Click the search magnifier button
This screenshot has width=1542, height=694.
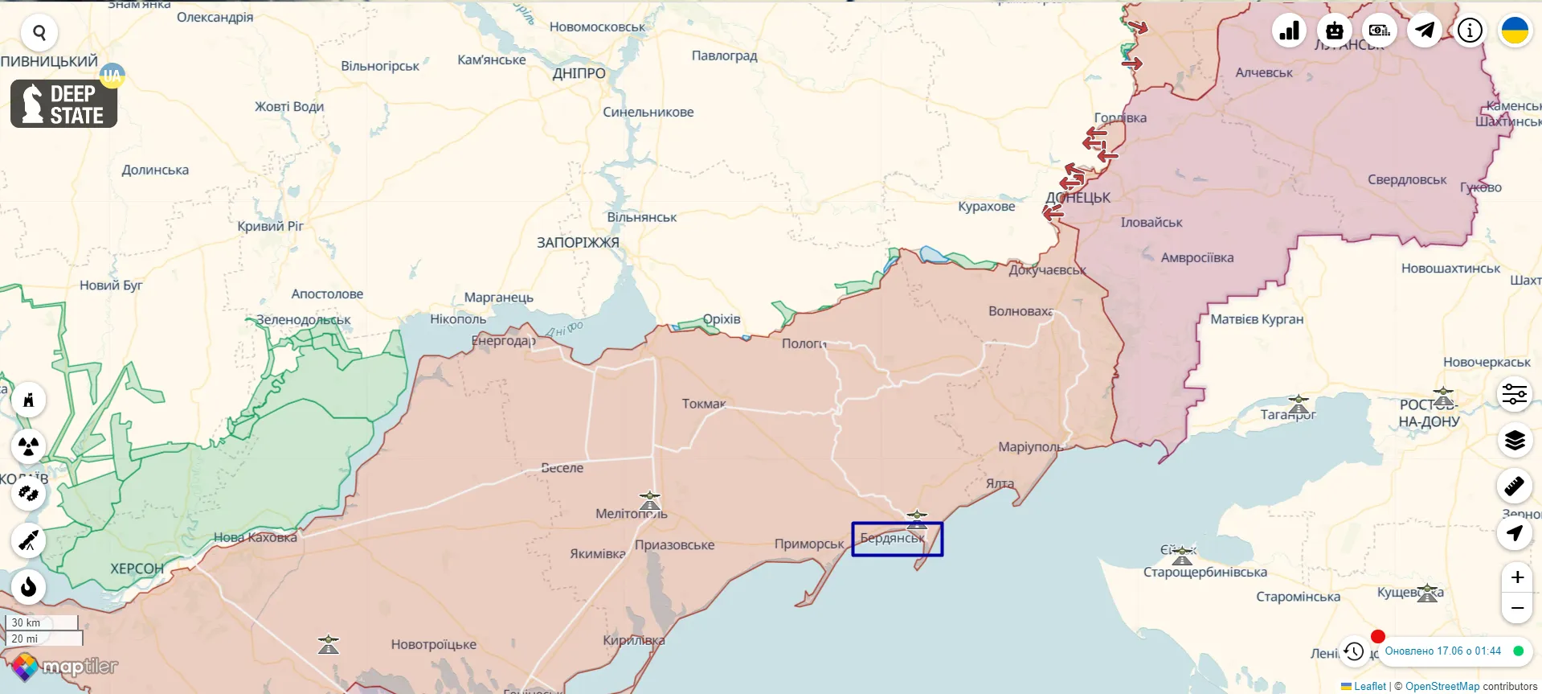[39, 33]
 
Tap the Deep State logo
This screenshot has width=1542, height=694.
[63, 104]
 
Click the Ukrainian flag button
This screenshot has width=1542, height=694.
[1515, 31]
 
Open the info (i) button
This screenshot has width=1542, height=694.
[1470, 31]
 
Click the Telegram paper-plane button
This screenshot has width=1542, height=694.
[1425, 31]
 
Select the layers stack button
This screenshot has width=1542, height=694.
[1515, 441]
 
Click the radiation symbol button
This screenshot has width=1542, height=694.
[29, 446]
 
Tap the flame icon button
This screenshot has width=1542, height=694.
[29, 587]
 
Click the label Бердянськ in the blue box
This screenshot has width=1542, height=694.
[892, 538]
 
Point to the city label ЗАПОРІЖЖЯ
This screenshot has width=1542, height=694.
[578, 242]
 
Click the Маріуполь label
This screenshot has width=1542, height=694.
[1030, 446]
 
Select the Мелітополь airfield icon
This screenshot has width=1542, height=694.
[649, 501]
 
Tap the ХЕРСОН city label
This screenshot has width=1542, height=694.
[137, 569]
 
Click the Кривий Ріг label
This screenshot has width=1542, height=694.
[270, 226]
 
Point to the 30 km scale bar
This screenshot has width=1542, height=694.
[41, 622]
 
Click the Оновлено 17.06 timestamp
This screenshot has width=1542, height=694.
[1442, 651]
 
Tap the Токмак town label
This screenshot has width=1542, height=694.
[703, 404]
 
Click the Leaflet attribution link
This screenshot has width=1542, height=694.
[1369, 686]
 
